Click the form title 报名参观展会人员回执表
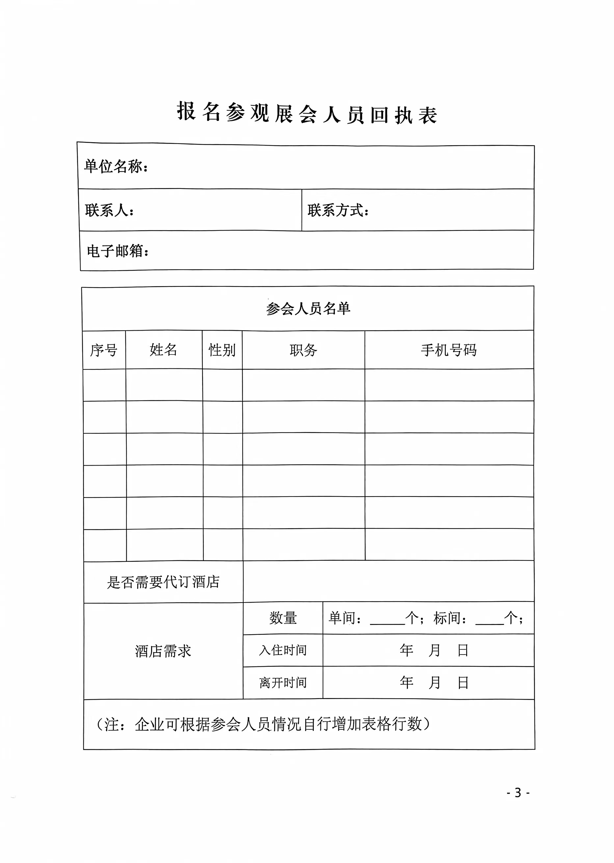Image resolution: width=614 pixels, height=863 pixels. tap(307, 113)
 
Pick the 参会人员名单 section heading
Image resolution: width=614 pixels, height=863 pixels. tap(308, 309)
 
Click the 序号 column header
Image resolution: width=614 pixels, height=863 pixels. tap(104, 350)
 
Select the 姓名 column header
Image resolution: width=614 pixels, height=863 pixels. tap(163, 350)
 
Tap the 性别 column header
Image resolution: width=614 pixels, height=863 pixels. tap(222, 350)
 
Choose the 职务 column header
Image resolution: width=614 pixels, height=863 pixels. tap(303, 350)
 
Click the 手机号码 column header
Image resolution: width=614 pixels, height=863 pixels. tap(448, 350)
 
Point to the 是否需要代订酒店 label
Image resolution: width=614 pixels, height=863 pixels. tap(163, 582)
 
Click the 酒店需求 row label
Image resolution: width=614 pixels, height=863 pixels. tap(163, 651)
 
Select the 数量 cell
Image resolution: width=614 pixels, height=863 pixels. tap(283, 618)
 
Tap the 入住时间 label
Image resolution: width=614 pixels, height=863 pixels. tap(283, 650)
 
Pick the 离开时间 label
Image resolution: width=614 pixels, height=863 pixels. tap(283, 683)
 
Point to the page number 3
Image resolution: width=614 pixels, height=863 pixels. tap(518, 792)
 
